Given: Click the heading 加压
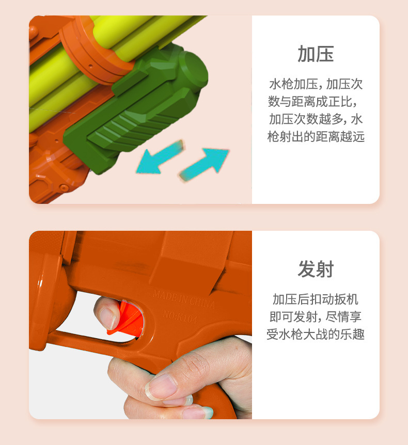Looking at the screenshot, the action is pos(316,54).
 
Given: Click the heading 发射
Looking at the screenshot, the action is pos(316,269).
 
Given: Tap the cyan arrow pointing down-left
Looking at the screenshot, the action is pos(160,157).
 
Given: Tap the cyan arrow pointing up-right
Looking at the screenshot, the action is pos(204,164).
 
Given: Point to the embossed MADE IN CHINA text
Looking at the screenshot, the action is pos(184,299).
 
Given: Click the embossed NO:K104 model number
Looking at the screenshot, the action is pos(180,317).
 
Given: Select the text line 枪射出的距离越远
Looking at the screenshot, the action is pos(316,136).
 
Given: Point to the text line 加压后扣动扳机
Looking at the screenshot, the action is pos(316,299).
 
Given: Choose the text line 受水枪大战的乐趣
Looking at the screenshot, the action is pos(316,334).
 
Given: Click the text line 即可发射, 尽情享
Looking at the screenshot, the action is pos(316,317).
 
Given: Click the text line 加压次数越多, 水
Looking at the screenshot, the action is pos(316,119).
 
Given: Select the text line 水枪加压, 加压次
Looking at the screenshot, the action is pos(316,84).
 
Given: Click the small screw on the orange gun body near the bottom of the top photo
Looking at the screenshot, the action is pos(64,187).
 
